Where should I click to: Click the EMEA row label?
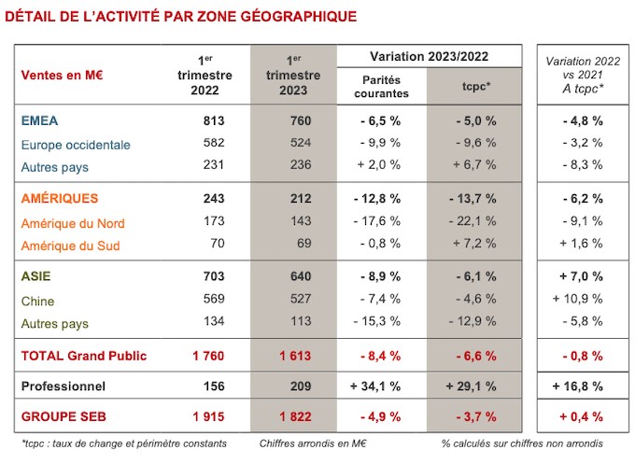(39, 120)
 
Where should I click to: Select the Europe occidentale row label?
(76, 145)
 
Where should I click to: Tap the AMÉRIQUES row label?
(60, 199)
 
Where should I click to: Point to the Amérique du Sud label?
(70, 246)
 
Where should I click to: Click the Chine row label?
(37, 301)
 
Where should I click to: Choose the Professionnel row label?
(63, 387)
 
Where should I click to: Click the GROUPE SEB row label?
(63, 416)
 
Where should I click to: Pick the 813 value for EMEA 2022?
(214, 120)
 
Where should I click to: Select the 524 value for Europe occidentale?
(301, 143)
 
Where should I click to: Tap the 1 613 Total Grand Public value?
(295, 356)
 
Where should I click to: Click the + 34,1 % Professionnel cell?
(375, 387)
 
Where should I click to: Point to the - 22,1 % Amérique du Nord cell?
(473, 221)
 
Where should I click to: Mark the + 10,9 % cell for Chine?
(578, 299)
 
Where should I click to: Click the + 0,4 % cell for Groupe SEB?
(582, 416)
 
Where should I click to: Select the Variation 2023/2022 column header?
(430, 56)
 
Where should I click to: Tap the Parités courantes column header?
(382, 87)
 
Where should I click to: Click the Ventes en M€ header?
(62, 76)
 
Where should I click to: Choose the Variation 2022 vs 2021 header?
(583, 75)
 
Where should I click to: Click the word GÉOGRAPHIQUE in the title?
(299, 16)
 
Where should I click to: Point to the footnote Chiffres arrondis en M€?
(313, 443)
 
